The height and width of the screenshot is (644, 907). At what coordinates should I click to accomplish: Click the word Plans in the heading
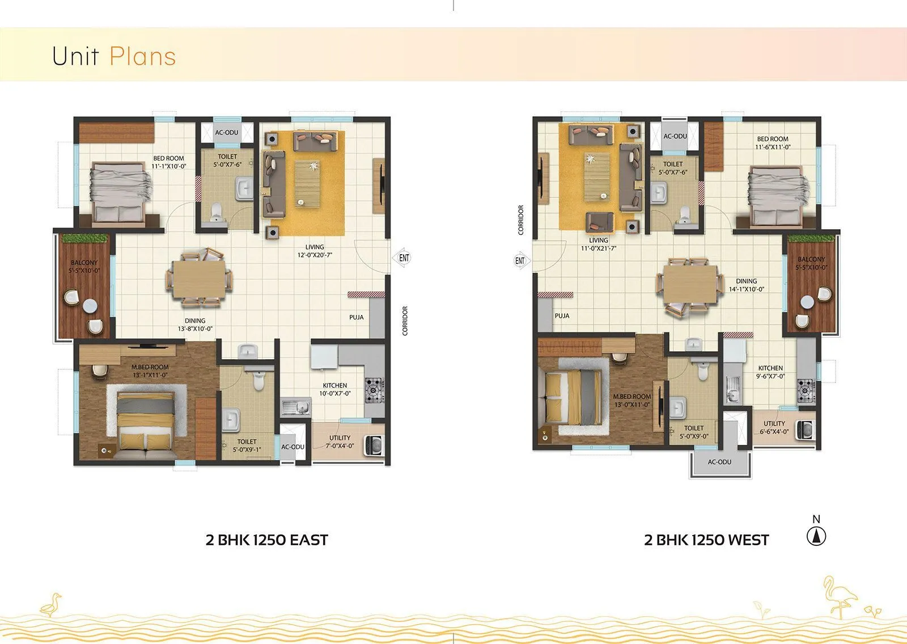click(142, 56)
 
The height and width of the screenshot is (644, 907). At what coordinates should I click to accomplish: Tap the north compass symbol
click(816, 536)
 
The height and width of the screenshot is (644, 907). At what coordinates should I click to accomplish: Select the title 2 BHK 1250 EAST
click(266, 540)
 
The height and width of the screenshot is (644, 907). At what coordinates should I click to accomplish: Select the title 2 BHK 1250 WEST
click(706, 540)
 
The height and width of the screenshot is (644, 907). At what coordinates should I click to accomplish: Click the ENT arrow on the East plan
click(402, 258)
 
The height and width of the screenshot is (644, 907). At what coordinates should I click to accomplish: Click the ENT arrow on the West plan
click(520, 261)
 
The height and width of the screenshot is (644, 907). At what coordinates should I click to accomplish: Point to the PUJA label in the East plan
click(357, 317)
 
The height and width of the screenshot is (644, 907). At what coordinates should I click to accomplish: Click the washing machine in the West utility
click(804, 430)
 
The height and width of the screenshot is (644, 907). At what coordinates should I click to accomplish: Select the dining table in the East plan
click(198, 279)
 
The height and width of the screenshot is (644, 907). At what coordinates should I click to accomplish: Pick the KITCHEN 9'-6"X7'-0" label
click(770, 372)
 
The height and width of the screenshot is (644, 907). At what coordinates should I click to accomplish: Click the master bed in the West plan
click(573, 397)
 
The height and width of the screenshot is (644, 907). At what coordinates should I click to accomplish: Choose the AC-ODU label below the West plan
click(719, 462)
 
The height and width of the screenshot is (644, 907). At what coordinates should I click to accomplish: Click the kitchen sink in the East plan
click(295, 406)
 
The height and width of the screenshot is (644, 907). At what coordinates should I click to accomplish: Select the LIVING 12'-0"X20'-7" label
click(315, 251)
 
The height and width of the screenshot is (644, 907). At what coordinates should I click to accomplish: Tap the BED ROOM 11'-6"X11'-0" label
click(772, 143)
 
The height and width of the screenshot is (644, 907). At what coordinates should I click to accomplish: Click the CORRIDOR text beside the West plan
click(520, 220)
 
